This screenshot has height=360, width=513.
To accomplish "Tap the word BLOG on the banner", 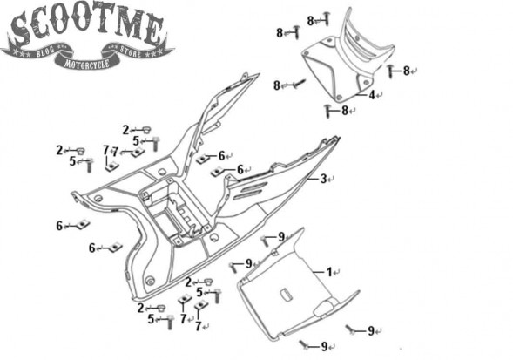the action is (45, 52).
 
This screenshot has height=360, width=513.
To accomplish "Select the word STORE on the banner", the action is (131, 51).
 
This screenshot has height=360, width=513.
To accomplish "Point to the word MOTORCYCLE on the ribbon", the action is (87, 63).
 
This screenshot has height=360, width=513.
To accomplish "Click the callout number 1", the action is (329, 272).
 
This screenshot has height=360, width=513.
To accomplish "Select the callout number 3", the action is (323, 179).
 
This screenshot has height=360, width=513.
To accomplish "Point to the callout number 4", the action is (372, 95).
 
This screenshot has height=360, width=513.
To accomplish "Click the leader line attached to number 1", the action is (319, 272).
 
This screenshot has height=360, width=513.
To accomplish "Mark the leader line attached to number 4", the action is (361, 95).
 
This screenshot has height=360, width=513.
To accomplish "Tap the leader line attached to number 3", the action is (314, 179).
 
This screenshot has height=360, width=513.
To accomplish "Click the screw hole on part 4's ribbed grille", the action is (357, 38).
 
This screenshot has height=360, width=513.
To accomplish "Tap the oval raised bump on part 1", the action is (324, 308).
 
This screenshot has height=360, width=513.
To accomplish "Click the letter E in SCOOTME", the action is (153, 29).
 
